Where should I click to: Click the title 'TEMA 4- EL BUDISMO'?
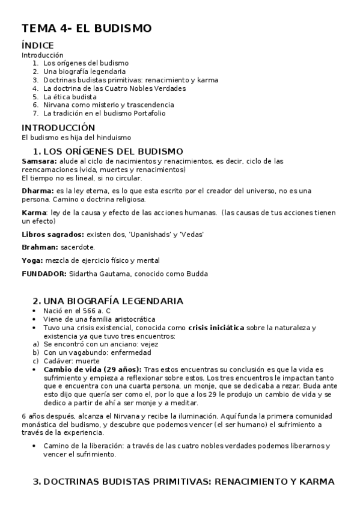click(x=87, y=28)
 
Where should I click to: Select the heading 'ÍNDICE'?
click(x=38, y=45)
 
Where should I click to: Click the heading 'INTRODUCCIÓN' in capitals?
click(x=58, y=127)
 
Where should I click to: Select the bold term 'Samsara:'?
click(x=39, y=161)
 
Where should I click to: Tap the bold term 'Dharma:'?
click(x=38, y=191)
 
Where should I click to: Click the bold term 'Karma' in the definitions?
click(x=33, y=212)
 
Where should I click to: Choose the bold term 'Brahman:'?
click(x=40, y=247)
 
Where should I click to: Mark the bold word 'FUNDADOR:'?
click(x=44, y=274)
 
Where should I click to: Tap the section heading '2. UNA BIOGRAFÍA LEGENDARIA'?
click(x=108, y=301)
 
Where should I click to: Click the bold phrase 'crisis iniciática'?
click(x=216, y=328)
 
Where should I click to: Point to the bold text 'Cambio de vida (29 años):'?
click(x=92, y=369)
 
